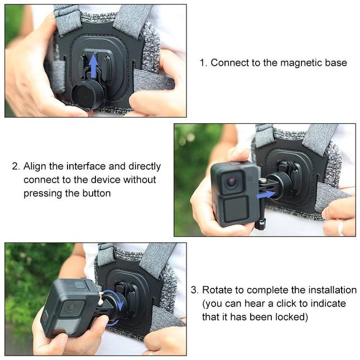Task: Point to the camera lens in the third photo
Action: (x=70, y=307)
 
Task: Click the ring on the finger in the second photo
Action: (x=340, y=228)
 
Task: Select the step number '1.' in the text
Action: (x=203, y=63)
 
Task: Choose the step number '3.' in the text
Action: (x=194, y=290)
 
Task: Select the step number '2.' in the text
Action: (x=16, y=166)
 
